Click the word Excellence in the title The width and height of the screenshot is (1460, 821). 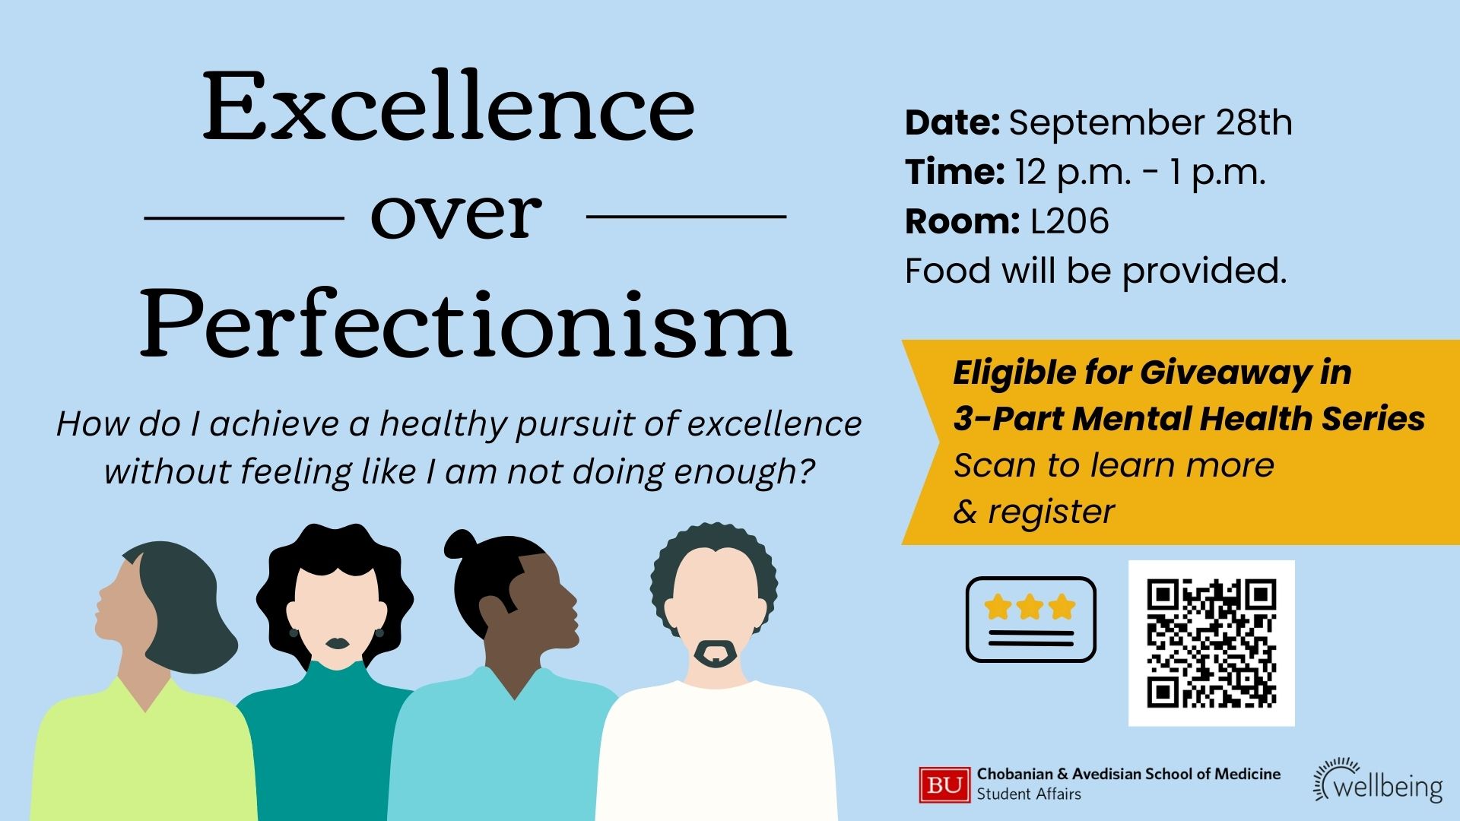pyautogui.click(x=449, y=106)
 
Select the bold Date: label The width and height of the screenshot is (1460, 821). pyautogui.click(x=952, y=123)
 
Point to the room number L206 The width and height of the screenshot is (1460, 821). pyautogui.click(x=1070, y=221)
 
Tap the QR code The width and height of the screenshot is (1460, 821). pyautogui.click(x=1211, y=643)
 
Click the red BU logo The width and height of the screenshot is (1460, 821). pyautogui.click(x=945, y=785)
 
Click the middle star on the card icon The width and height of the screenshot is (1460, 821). pyautogui.click(x=1030, y=607)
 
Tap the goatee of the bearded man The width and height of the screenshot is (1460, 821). pyautogui.click(x=716, y=653)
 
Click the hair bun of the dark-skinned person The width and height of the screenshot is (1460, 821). pyautogui.click(x=460, y=544)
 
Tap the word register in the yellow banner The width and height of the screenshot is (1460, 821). pyautogui.click(x=1051, y=512)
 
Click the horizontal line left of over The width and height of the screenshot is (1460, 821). pyautogui.click(x=243, y=218)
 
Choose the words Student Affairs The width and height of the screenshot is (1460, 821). pyautogui.click(x=1029, y=794)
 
